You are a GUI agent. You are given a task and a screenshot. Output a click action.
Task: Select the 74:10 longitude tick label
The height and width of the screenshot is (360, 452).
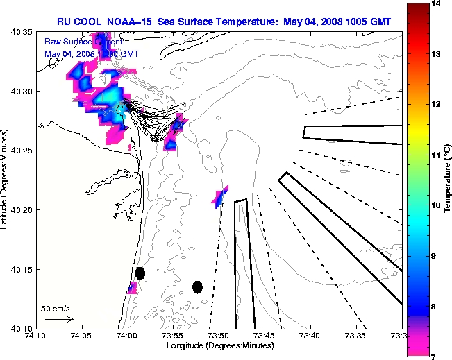pyautogui.click(x=35, y=336)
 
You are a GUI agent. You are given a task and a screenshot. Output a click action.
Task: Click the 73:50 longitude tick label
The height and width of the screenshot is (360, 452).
pyautogui.click(x=218, y=336)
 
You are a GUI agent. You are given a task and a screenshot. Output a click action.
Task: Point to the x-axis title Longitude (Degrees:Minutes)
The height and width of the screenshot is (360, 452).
pyautogui.click(x=218, y=345)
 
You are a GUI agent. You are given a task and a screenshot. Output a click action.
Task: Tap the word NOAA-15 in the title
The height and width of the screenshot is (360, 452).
pyautogui.click(x=129, y=22)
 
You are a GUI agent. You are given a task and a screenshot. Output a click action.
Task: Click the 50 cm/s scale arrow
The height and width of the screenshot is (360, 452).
pyautogui.click(x=58, y=320)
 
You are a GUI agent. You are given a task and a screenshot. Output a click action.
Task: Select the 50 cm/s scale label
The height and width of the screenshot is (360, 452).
pyautogui.click(x=56, y=309)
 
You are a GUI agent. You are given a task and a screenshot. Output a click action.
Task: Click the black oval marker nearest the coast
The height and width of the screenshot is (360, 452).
pyautogui.click(x=140, y=273)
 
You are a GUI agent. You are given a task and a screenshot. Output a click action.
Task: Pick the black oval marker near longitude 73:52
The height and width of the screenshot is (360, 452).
pyautogui.click(x=198, y=286)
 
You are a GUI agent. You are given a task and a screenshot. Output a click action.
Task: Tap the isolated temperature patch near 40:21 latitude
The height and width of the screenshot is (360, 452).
pyautogui.click(x=220, y=198)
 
